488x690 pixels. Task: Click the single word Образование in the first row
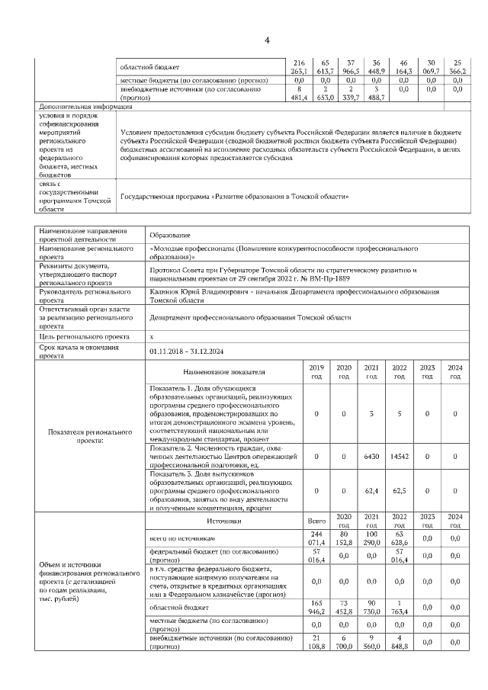(x=169, y=236)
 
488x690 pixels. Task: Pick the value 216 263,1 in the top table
(x=299, y=67)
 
